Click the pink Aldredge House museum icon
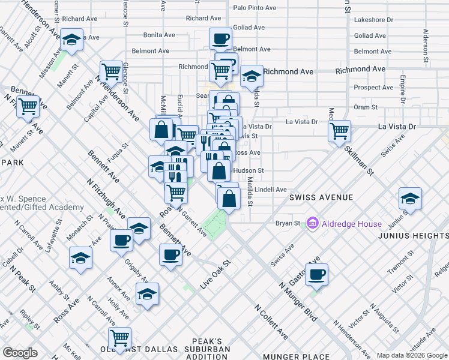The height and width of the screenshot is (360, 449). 312,224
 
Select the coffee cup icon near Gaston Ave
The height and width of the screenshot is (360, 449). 316,274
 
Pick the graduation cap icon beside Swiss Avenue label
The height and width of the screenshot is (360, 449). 410,198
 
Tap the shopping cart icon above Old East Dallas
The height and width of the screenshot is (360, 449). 119,338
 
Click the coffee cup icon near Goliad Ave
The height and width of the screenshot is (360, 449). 220,38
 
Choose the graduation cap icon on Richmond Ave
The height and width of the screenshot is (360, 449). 252,76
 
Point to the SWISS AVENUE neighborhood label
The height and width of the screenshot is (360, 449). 321,197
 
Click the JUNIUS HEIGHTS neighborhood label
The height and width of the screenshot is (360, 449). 413,236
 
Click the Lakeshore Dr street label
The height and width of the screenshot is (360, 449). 373,20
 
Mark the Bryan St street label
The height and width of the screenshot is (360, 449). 288,223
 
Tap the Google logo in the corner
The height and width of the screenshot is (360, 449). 20,353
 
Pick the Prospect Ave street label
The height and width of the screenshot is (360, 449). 373,88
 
